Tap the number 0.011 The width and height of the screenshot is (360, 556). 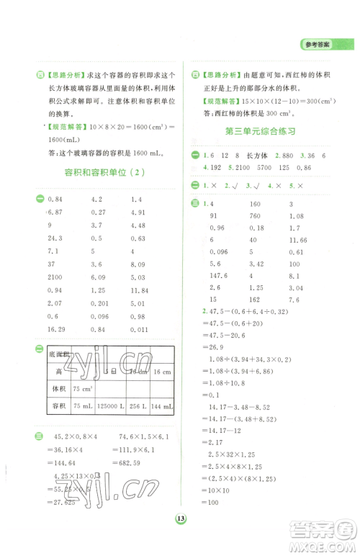click(141, 331)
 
